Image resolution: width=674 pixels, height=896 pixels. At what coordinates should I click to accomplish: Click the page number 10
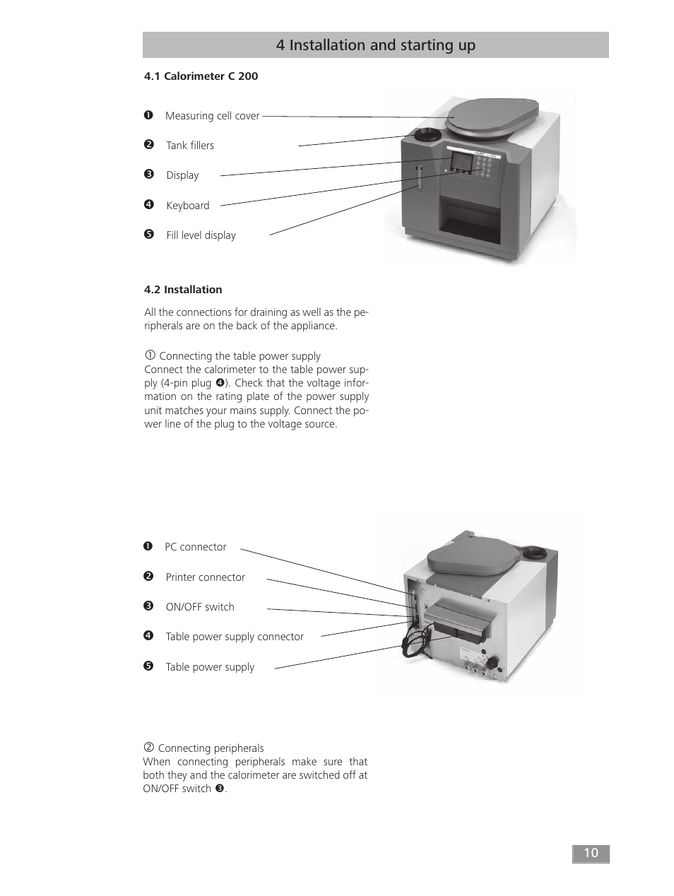[x=590, y=853]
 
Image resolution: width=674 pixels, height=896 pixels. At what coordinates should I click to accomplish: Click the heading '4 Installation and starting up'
[x=375, y=45]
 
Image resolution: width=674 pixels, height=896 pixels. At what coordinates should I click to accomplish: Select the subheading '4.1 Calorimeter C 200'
[x=201, y=76]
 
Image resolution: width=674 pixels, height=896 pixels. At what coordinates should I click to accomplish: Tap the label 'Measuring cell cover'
[x=212, y=116]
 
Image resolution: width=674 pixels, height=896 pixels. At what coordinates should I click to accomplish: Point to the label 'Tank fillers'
[x=190, y=146]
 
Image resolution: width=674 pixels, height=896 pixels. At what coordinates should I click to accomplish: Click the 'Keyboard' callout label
[x=188, y=206]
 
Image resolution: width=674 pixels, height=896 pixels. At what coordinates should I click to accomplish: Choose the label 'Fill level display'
[x=201, y=235]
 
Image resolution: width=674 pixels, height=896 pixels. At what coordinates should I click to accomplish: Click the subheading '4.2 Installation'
[x=183, y=290]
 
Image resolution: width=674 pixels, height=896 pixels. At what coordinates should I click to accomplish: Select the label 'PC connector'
[x=195, y=547]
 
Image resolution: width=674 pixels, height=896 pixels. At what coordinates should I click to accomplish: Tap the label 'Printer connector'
[x=205, y=577]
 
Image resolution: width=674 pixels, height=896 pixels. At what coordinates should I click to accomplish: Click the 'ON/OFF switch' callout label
[x=200, y=607]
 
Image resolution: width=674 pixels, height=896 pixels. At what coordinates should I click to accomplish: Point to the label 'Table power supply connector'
[x=235, y=637]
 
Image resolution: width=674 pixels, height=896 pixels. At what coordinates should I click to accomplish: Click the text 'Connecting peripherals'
[x=211, y=748]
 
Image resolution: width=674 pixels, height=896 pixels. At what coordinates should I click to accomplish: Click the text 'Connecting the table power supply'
[x=240, y=356]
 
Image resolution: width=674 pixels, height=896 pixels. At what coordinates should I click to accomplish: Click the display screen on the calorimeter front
[x=462, y=161]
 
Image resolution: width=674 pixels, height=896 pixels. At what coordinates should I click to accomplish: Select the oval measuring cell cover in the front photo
[x=492, y=117]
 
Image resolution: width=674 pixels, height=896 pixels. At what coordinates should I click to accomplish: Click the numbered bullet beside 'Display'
[x=148, y=175]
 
